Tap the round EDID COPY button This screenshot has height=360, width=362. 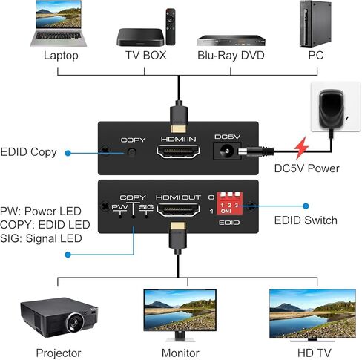133,153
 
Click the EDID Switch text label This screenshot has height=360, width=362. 306,220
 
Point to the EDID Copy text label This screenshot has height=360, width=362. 28,153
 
